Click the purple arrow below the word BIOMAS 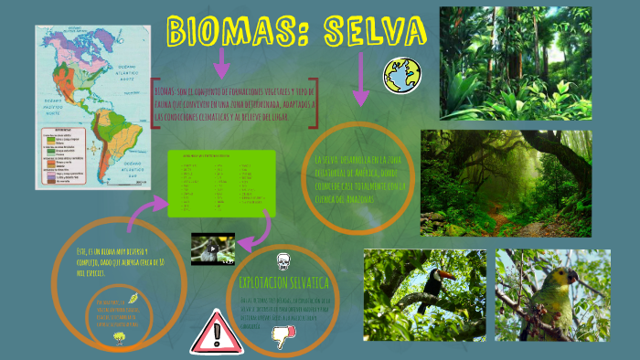(x=220, y=63)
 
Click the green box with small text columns (x=221, y=184)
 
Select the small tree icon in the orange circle (x=119, y=337)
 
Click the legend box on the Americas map (x=59, y=154)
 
